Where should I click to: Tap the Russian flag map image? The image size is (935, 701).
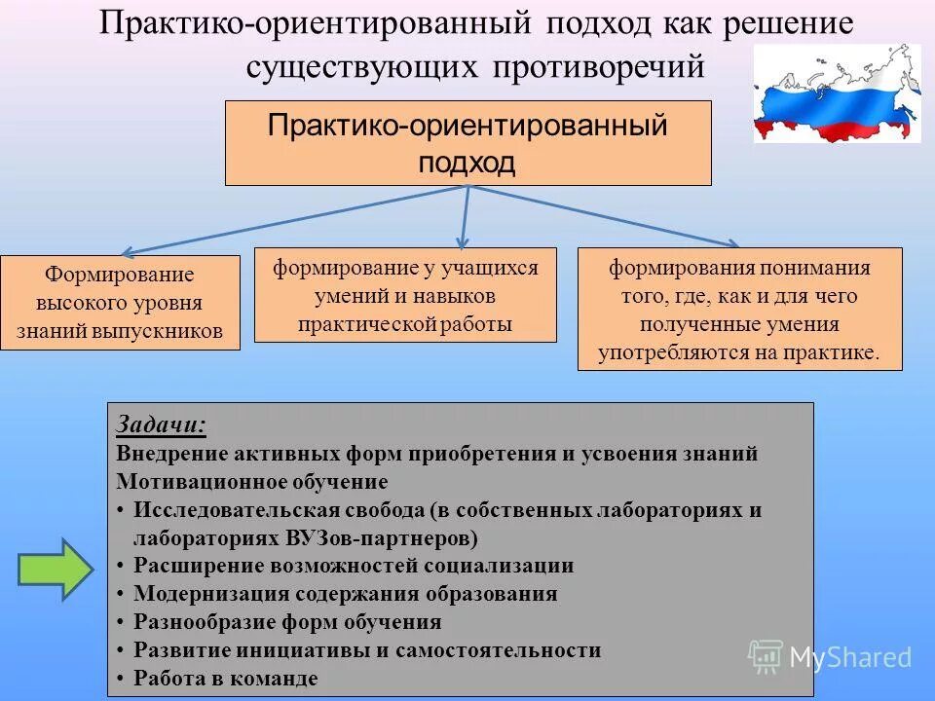pyautogui.click(x=836, y=95)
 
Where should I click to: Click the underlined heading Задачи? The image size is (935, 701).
pyautogui.click(x=161, y=424)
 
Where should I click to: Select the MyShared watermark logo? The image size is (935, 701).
pyautogui.click(x=830, y=657)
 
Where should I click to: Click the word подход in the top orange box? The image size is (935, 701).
pyautogui.click(x=467, y=162)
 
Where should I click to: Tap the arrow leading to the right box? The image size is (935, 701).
pyautogui.click(x=604, y=215)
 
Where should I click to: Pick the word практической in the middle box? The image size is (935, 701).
pyautogui.click(x=364, y=324)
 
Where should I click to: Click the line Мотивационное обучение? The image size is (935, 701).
pyautogui.click(x=252, y=482)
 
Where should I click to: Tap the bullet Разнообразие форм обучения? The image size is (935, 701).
pyautogui.click(x=287, y=622)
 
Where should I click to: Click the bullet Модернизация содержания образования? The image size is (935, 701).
pyautogui.click(x=345, y=594)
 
